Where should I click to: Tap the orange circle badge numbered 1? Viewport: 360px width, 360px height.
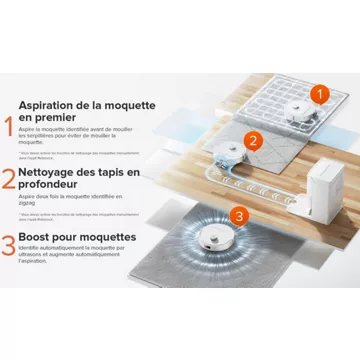(x=319, y=96)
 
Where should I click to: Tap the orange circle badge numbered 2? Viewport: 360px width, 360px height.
(x=254, y=141)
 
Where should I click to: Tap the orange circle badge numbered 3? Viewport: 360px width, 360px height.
(x=237, y=216)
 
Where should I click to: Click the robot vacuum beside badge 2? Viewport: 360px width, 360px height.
(x=231, y=151)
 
